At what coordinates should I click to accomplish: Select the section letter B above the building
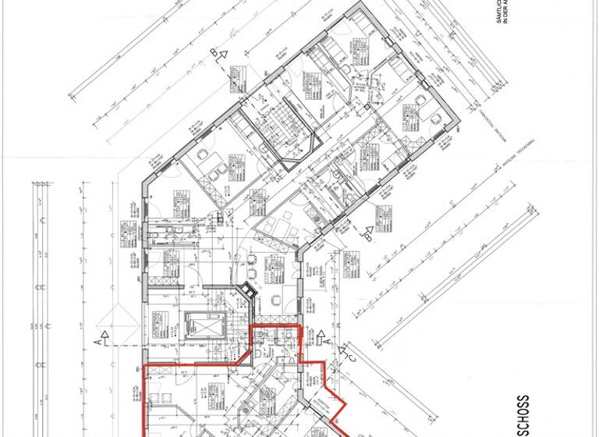[216, 52]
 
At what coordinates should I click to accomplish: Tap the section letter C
[352, 356]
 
